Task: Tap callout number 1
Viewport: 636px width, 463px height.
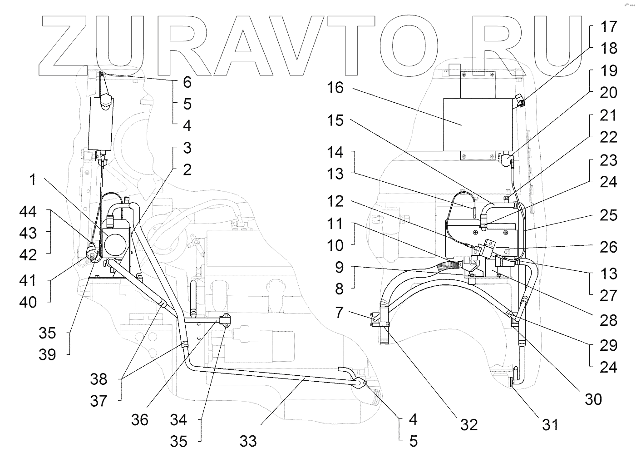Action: tap(32, 180)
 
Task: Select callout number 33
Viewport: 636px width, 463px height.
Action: tap(248, 440)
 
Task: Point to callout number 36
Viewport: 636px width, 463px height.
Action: tap(140, 419)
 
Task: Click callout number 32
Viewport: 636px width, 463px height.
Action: tap(469, 424)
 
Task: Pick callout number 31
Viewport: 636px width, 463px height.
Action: tap(549, 424)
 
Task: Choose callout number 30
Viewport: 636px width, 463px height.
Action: tap(592, 399)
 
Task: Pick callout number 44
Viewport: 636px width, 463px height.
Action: tap(28, 211)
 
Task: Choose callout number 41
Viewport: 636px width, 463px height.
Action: tap(28, 280)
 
